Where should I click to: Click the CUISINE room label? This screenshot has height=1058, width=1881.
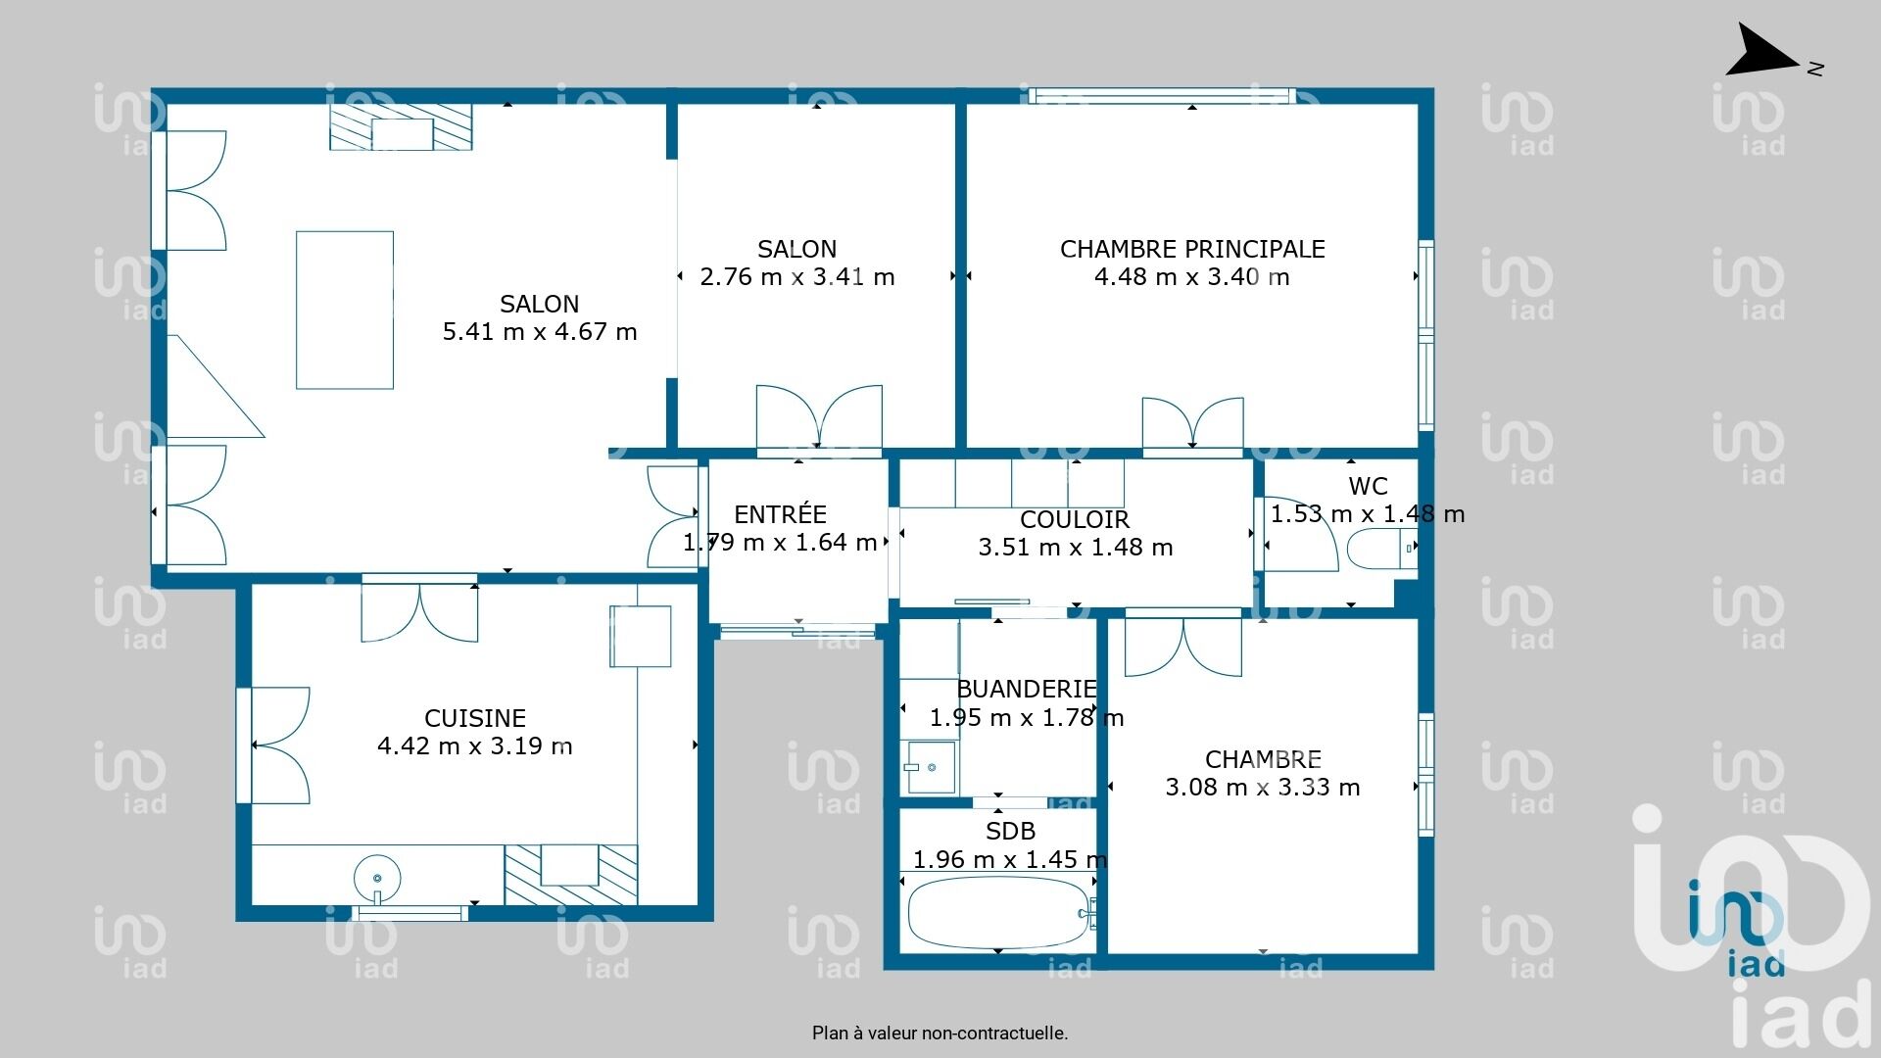(475, 718)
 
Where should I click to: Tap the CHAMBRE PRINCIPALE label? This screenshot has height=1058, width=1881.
(1192, 249)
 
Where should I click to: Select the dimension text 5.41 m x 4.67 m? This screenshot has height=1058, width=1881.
(540, 331)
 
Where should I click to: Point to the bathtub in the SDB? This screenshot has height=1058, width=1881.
(999, 912)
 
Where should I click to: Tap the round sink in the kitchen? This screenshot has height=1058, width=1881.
(377, 877)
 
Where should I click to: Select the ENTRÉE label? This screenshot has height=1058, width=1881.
(780, 514)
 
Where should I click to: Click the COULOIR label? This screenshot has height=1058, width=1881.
(1075, 519)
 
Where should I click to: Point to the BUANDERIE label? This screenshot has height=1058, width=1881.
(1027, 689)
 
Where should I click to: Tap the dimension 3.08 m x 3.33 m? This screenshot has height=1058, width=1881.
(1263, 787)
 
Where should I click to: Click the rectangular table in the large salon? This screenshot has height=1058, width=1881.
(345, 310)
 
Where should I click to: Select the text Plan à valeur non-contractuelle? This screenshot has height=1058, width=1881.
(940, 1033)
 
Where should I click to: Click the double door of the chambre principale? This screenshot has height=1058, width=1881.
(1193, 422)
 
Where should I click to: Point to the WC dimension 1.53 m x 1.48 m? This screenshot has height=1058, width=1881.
(1368, 513)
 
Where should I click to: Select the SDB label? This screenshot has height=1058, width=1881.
(1010, 831)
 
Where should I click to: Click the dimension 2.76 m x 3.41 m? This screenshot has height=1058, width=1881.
(797, 276)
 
